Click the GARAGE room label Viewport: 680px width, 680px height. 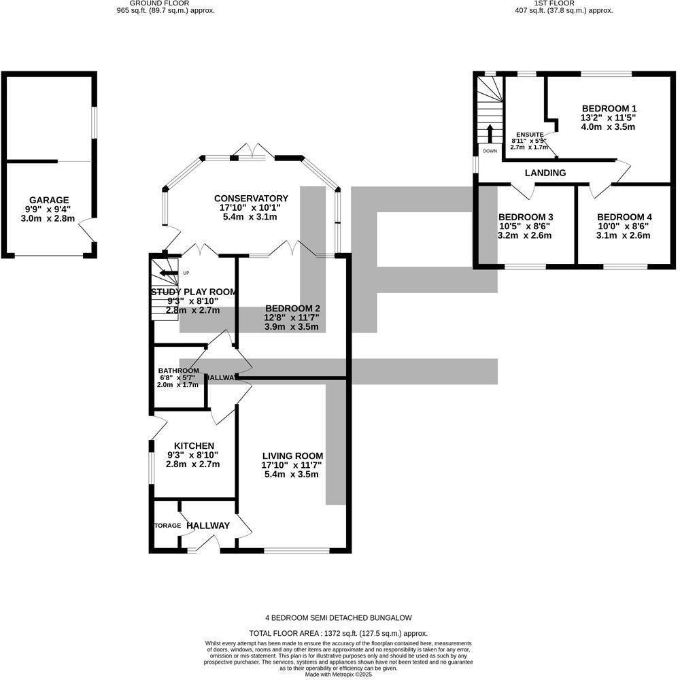[49, 200]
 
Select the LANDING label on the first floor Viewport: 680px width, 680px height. [545, 173]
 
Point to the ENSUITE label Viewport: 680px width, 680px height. [530, 135]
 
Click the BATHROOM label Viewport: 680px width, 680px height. [178, 371]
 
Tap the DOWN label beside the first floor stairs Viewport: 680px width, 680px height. [490, 151]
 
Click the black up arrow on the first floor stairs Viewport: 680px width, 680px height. [490, 133]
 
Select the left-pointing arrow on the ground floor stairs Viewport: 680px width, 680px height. [166, 274]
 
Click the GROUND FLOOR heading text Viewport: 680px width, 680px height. [150, 3]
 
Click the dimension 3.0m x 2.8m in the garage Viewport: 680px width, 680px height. [49, 219]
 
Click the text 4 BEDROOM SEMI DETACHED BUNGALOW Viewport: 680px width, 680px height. [339, 618]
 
